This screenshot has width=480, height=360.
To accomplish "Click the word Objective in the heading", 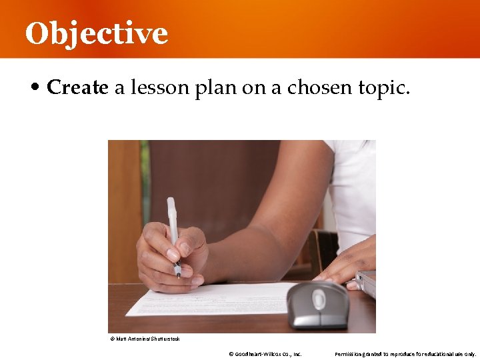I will pos(96,33).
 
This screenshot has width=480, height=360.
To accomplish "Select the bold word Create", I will pos(77,87).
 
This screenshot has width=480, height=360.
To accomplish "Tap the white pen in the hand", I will pos(173,227).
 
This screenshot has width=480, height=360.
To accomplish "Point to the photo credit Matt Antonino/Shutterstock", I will pos(145,339).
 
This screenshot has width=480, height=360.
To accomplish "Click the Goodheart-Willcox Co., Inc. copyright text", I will pos(265,354).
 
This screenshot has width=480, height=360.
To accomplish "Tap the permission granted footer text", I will pos(405,354).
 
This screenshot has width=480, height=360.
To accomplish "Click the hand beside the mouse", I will pos(347,263).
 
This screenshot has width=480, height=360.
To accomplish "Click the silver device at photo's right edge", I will pos(367,283).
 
